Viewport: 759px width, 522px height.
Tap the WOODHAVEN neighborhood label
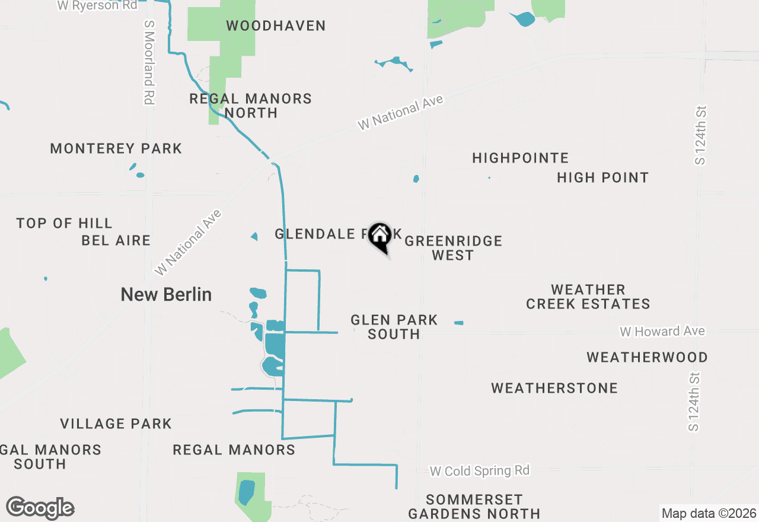[x=276, y=26]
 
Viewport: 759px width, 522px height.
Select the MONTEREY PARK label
[x=116, y=148]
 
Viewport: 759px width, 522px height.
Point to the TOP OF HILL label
[x=64, y=224]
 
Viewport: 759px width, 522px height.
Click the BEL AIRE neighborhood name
[x=116, y=240]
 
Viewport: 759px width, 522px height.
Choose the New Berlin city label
[x=166, y=294]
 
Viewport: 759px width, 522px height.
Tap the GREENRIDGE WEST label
[x=453, y=248]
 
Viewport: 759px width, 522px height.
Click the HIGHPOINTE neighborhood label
[x=520, y=158]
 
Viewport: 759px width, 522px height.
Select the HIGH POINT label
[x=602, y=177]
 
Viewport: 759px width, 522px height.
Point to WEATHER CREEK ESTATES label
[x=588, y=297]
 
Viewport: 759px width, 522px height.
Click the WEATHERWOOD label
[x=647, y=357]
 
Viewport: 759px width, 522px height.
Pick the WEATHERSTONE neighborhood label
[x=554, y=388]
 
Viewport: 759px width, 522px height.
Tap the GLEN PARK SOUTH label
[x=394, y=327]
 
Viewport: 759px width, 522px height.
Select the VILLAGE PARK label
[x=116, y=424]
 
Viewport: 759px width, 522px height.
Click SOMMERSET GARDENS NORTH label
[x=474, y=506]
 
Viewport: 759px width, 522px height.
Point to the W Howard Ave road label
[x=662, y=331]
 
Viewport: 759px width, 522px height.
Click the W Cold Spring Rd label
[x=479, y=471]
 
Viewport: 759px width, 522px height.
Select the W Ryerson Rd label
[x=97, y=5]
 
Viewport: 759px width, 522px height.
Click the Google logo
[x=40, y=508]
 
